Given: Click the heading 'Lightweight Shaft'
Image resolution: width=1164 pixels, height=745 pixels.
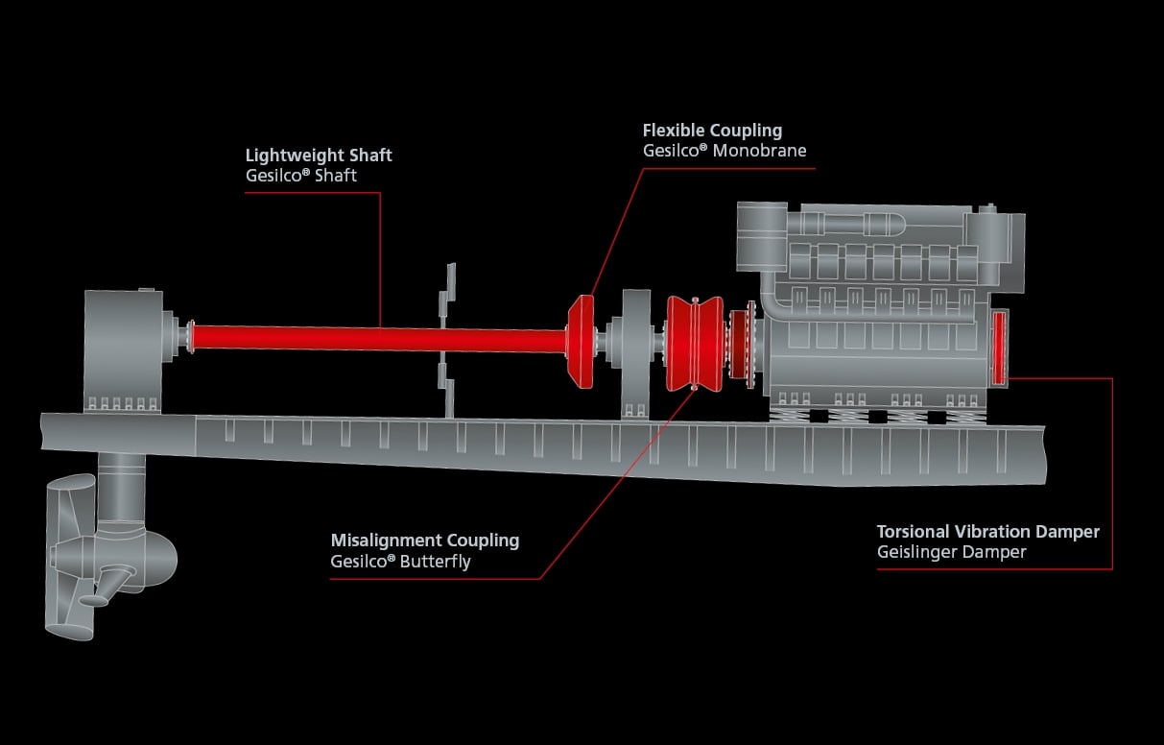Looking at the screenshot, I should click(x=319, y=156).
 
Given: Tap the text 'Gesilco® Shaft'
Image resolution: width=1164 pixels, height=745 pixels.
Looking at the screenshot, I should click(x=301, y=175).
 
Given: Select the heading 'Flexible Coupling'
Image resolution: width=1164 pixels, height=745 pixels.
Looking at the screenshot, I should click(x=712, y=131).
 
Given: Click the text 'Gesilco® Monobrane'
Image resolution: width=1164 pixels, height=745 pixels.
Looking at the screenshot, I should click(x=724, y=151).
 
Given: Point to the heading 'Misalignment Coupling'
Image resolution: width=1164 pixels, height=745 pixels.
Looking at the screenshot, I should click(x=424, y=541).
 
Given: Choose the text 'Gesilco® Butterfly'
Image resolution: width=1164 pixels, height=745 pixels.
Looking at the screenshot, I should click(x=400, y=561).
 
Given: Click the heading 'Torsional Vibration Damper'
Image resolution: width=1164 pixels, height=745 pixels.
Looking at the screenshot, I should click(x=987, y=532).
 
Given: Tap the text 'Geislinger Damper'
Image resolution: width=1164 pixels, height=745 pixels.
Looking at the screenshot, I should click(x=951, y=552).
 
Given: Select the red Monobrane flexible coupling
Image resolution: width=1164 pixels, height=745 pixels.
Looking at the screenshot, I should click(x=581, y=341).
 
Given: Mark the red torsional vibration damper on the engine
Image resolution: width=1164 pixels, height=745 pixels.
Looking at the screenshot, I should click(x=998, y=347).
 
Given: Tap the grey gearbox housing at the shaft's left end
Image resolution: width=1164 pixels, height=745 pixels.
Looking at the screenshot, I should click(x=123, y=346).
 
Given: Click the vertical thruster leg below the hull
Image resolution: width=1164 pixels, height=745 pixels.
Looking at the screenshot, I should click(x=122, y=490).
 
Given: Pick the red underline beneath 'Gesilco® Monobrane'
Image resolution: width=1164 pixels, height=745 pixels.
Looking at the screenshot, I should click(x=728, y=168).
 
